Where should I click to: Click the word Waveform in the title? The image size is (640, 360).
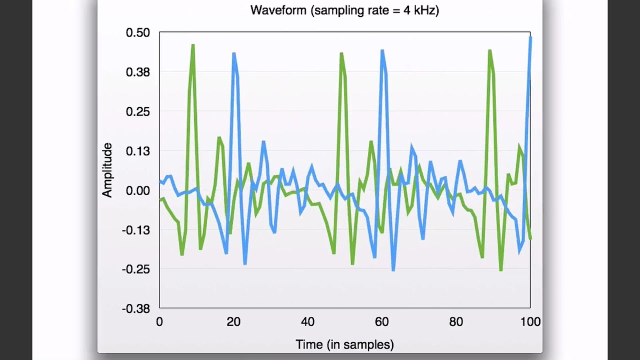[x=278, y=10]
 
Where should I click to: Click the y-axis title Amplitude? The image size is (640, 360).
[x=107, y=170]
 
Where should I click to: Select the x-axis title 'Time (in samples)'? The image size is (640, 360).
[x=344, y=344]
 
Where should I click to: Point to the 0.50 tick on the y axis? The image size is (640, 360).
[x=137, y=32]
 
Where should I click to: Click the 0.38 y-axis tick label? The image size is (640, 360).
[x=137, y=72]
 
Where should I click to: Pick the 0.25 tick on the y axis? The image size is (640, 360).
[x=137, y=111]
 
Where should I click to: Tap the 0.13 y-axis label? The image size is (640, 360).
[x=137, y=151]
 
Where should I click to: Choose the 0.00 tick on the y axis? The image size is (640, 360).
[x=137, y=190]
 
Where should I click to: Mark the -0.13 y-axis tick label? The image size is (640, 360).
[x=136, y=230]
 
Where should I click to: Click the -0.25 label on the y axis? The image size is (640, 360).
[x=136, y=269]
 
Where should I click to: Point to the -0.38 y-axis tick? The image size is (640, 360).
[x=136, y=309]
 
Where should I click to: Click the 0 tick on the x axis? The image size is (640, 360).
[x=159, y=322]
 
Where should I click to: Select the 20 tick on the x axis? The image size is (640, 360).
[x=233, y=322]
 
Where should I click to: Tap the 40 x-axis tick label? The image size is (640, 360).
[x=307, y=322]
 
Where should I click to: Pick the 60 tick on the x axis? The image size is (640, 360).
[x=382, y=322]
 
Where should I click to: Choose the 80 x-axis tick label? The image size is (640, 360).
[x=456, y=322]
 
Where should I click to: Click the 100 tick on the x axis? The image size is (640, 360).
[x=530, y=322]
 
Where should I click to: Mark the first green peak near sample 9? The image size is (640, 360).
[x=193, y=45]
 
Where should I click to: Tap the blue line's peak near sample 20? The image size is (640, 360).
[x=233, y=53]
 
